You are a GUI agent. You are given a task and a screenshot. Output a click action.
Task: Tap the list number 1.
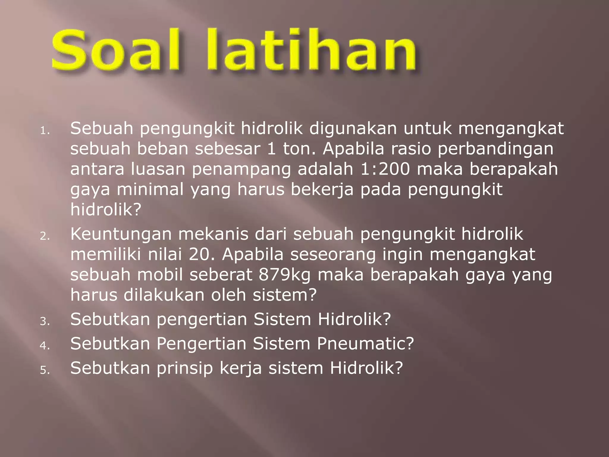pyautogui.click(x=45, y=131)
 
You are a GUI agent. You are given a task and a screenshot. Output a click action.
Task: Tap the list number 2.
pyautogui.click(x=45, y=236)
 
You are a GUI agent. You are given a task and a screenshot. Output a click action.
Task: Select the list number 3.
pyautogui.click(x=45, y=322)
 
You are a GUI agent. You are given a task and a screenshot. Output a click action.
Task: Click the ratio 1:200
pyautogui.click(x=385, y=169)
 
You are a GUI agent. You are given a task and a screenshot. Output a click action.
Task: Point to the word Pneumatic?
pyautogui.click(x=365, y=344)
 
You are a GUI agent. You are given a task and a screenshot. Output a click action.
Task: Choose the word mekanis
pyautogui.click(x=213, y=234)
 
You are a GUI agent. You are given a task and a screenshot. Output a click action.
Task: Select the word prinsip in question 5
pyautogui.click(x=185, y=368)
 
